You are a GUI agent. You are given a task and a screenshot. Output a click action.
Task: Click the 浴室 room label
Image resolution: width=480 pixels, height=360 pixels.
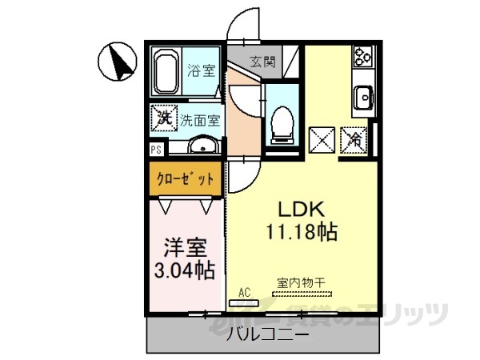click(201, 70)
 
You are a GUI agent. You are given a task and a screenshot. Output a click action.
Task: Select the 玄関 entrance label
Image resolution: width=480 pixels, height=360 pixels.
click(262, 60)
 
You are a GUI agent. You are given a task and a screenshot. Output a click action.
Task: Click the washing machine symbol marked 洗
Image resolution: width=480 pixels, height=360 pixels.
click(163, 119)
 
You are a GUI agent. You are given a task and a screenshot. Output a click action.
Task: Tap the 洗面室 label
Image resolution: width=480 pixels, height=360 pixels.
click(200, 121)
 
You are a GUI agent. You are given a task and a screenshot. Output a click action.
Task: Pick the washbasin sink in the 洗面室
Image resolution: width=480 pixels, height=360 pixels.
click(203, 146)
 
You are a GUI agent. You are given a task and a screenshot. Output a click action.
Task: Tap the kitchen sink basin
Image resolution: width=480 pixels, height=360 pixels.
click(364, 98)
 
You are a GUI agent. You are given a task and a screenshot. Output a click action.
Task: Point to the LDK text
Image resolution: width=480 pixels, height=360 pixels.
click(300, 210)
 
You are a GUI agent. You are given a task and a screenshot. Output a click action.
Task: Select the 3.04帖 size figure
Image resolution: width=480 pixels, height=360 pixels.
click(184, 270)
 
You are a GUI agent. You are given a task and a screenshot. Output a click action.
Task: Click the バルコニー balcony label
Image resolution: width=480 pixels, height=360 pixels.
click(267, 334)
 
